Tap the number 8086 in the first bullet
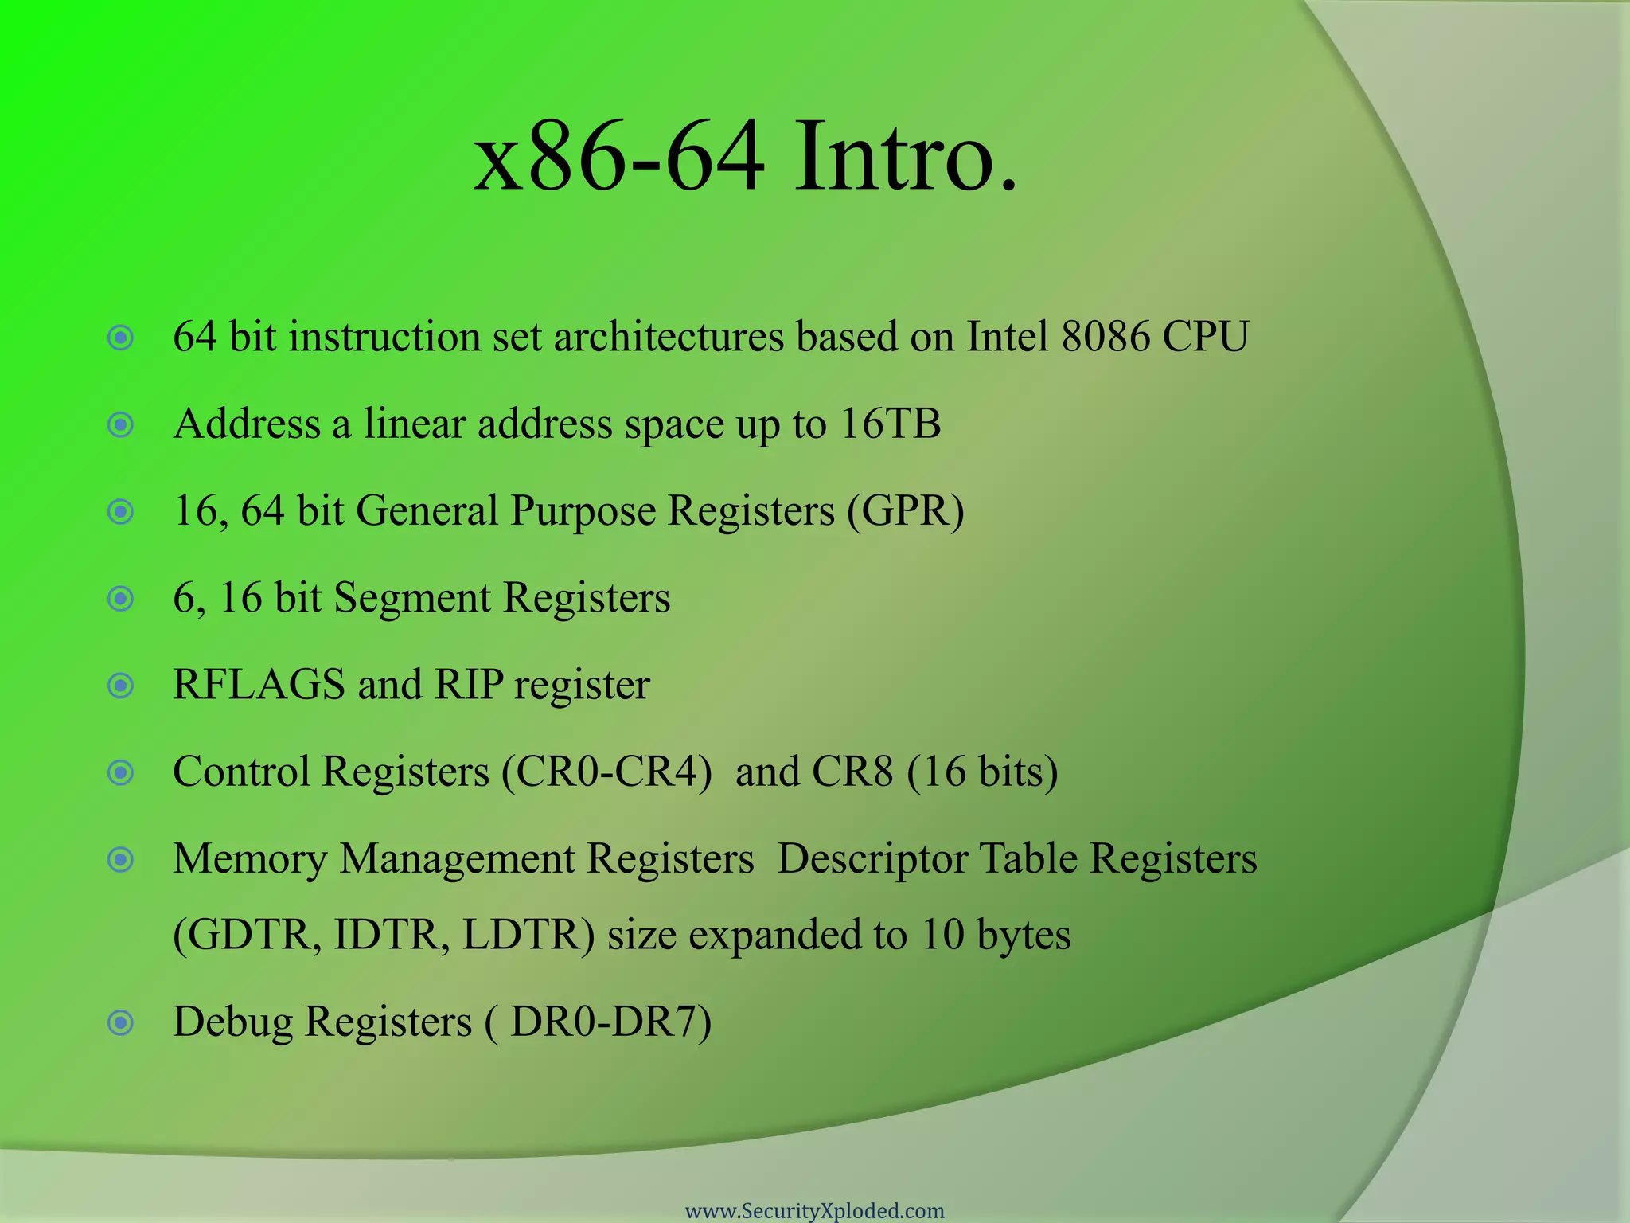point(1106,337)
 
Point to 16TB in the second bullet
point(891,424)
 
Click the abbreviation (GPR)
point(905,511)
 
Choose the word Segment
point(411,599)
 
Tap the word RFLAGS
point(259,685)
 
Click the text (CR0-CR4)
point(606,772)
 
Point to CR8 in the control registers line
point(852,772)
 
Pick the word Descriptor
point(872,860)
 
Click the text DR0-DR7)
point(610,1022)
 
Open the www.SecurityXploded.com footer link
point(814,1211)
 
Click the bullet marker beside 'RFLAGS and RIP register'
point(120,686)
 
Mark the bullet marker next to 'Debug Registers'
point(120,1022)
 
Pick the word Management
point(462,860)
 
